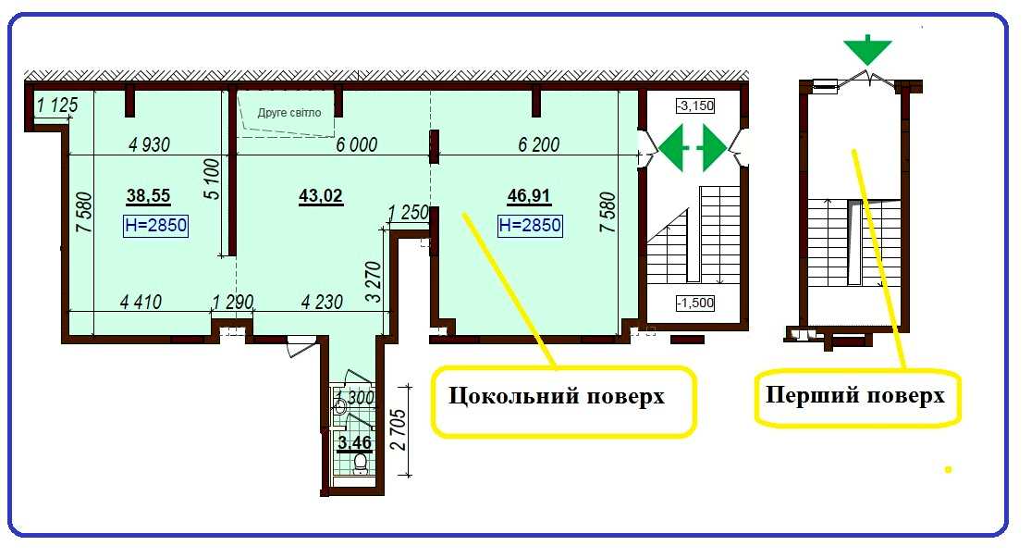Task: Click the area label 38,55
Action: pyautogui.click(x=148, y=195)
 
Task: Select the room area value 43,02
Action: pyautogui.click(x=321, y=195)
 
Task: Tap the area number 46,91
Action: pyautogui.click(x=529, y=195)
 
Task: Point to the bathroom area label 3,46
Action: pyautogui.click(x=354, y=443)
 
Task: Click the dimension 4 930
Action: pyautogui.click(x=149, y=144)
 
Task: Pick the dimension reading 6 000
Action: pyautogui.click(x=356, y=144)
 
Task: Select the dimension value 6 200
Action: pyautogui.click(x=538, y=144)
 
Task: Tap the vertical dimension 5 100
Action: pyautogui.click(x=212, y=179)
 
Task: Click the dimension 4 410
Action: pyautogui.click(x=141, y=302)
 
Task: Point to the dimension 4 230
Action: pyautogui.click(x=322, y=302)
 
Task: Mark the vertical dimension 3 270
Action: pyautogui.click(x=373, y=282)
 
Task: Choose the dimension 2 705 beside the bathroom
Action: pyautogui.click(x=399, y=430)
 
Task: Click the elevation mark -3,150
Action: pyautogui.click(x=695, y=105)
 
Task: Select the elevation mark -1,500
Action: pyautogui.click(x=695, y=303)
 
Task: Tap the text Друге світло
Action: pyautogui.click(x=289, y=113)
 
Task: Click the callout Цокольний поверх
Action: pyautogui.click(x=557, y=396)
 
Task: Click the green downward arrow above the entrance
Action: pyautogui.click(x=868, y=49)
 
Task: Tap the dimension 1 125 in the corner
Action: pyautogui.click(x=57, y=105)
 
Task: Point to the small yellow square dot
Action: pyautogui.click(x=948, y=469)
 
